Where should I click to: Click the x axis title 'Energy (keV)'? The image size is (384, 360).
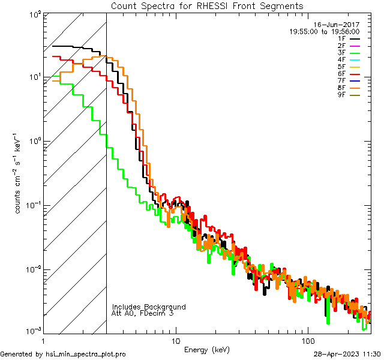tap(207, 349)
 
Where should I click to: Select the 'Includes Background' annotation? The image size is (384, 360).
tap(149, 307)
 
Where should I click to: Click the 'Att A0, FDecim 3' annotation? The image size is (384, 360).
tap(143, 313)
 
